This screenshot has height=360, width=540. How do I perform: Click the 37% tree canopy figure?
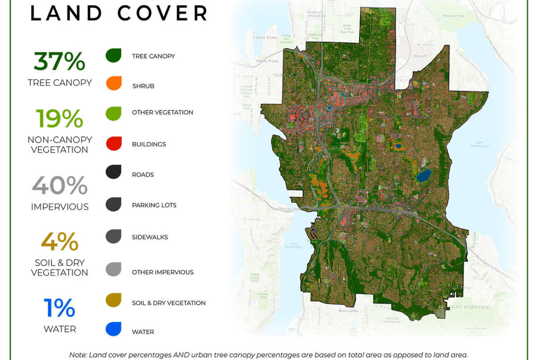pos(59,62)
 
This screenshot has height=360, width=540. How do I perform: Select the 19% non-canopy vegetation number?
pos(59,119)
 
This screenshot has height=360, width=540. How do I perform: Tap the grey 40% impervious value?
pos(59,186)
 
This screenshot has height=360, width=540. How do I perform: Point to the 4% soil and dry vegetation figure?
pos(59,242)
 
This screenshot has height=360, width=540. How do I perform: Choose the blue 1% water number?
pos(59,308)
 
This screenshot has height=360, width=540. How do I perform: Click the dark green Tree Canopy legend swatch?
pos(114,55)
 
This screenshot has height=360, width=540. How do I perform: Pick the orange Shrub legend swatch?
pos(114,83)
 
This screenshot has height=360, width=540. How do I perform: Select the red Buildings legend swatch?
pos(114,144)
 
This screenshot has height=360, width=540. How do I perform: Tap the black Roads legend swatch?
pos(114,172)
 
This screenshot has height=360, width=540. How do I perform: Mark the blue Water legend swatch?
pos(114,329)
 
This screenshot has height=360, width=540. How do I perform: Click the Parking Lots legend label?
pos(154,205)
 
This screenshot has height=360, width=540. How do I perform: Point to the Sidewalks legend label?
pos(150,237)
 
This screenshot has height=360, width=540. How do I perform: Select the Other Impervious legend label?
pos(162,272)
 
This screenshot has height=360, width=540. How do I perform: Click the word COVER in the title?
pos(163,13)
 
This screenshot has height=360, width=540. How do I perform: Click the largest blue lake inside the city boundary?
pos(424,175)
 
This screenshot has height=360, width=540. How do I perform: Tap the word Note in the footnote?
pos(78,355)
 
